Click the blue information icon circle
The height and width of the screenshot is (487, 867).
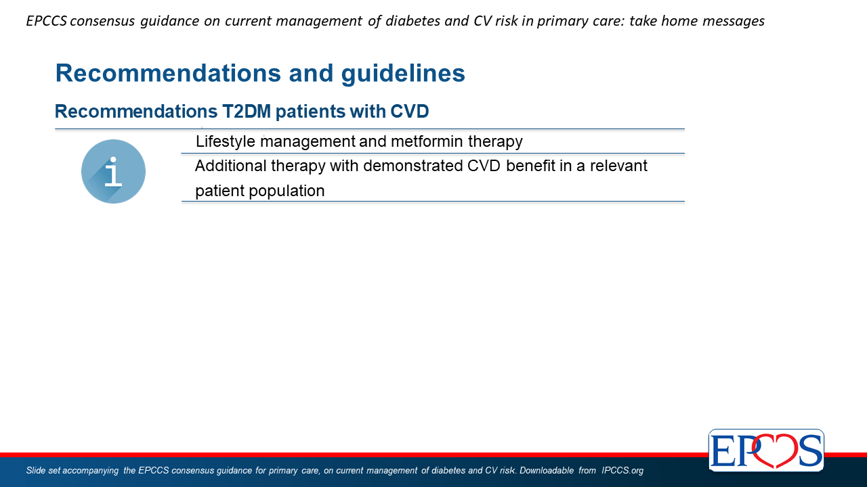(x=113, y=171)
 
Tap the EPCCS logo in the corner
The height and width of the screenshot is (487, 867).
(x=766, y=450)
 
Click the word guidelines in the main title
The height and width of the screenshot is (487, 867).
(x=403, y=73)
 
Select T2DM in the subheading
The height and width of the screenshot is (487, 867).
(x=247, y=112)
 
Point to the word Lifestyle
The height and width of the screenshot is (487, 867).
(x=226, y=141)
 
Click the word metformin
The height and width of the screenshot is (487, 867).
(x=427, y=141)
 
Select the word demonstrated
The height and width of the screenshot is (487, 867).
(x=413, y=166)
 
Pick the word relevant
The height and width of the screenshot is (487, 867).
(x=618, y=166)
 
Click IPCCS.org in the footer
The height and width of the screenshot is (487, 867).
(x=622, y=470)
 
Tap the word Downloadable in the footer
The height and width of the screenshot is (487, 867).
(x=547, y=470)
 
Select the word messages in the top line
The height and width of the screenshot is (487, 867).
(x=734, y=21)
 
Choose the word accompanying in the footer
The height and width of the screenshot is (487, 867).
(x=90, y=471)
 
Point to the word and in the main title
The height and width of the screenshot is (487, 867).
(x=311, y=73)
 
